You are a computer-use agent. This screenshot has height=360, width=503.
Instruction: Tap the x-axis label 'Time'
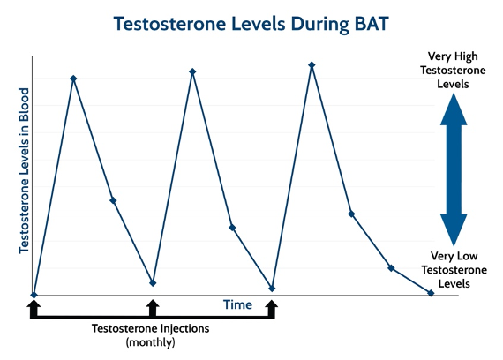pyautogui.click(x=237, y=305)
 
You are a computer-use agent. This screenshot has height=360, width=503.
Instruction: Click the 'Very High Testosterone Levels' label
pyautogui.click(x=453, y=70)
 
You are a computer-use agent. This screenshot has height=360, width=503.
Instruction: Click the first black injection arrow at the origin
pyautogui.click(x=34, y=307)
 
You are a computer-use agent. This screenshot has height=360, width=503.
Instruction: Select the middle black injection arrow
pyautogui.click(x=153, y=307)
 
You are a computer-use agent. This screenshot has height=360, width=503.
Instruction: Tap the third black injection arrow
pyautogui.click(x=271, y=307)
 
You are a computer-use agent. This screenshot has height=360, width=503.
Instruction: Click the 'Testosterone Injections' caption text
pyautogui.click(x=151, y=328)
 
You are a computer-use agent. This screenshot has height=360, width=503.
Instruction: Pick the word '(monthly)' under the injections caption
pyautogui.click(x=151, y=341)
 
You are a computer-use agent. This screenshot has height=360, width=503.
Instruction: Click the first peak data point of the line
pyautogui.click(x=73, y=79)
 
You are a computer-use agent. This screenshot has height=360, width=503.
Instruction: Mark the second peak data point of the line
pyautogui.click(x=192, y=71)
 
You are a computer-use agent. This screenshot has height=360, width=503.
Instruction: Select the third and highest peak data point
pyautogui.click(x=312, y=64)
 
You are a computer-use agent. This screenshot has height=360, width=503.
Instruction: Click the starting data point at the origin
pyautogui.click(x=34, y=295)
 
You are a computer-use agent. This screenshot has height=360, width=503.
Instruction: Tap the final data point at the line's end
pyautogui.click(x=431, y=293)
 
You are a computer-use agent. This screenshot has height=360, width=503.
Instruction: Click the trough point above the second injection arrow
pyautogui.click(x=153, y=283)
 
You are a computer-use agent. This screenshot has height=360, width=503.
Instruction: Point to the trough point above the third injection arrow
pyautogui.click(x=272, y=289)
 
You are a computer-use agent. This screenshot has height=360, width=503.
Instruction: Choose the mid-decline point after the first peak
pyautogui.click(x=113, y=200)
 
